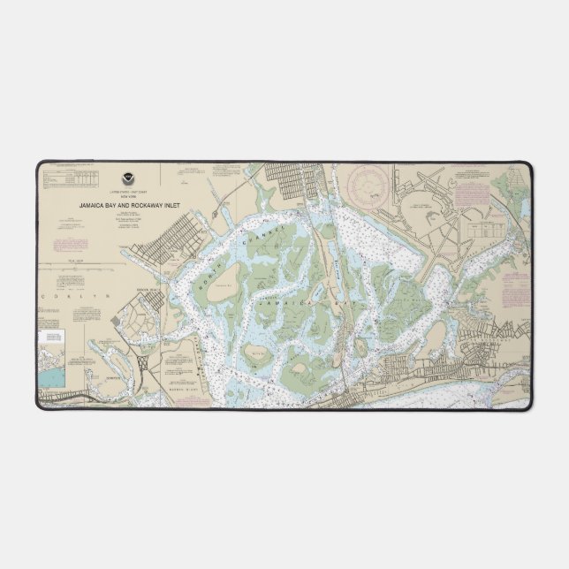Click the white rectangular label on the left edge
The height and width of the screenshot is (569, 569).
(x=51, y=338)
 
